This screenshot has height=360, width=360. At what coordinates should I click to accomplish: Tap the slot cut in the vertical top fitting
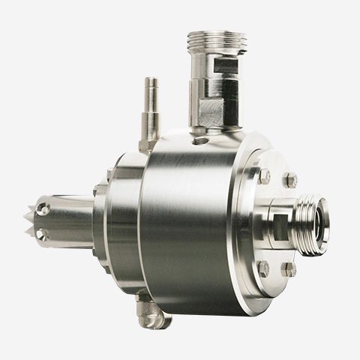(x=224, y=68)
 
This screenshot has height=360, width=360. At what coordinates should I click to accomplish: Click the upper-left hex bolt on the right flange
(x=264, y=175)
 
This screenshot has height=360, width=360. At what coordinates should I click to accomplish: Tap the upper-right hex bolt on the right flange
(x=289, y=179)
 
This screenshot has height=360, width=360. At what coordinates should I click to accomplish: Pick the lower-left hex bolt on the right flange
(x=263, y=267)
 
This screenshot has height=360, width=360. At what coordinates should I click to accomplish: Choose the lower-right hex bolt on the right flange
(x=289, y=268)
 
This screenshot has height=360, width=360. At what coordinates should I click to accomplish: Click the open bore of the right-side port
(x=319, y=222)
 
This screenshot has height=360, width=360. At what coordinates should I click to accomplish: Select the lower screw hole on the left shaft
(x=43, y=235)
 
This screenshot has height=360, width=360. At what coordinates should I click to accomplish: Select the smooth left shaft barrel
(x=71, y=221)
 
